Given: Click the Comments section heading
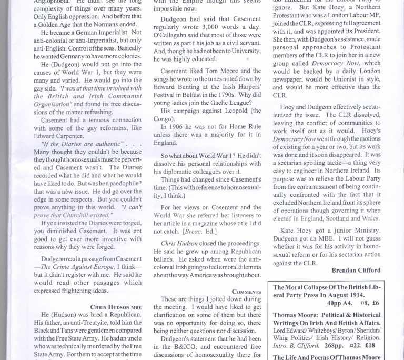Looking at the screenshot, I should pos(246,292).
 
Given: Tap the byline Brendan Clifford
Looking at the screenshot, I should pos(356,270).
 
